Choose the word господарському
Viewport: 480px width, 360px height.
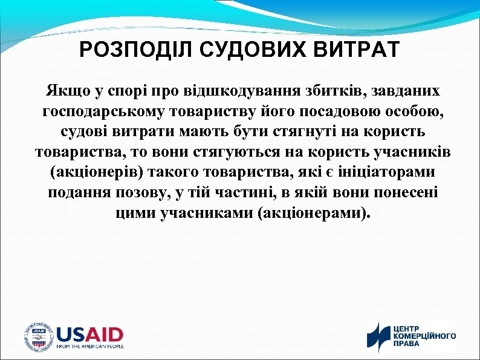99,113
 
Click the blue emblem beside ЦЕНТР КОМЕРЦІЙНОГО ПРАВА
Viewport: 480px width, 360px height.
379,337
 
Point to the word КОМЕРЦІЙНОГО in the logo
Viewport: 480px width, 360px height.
425,336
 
